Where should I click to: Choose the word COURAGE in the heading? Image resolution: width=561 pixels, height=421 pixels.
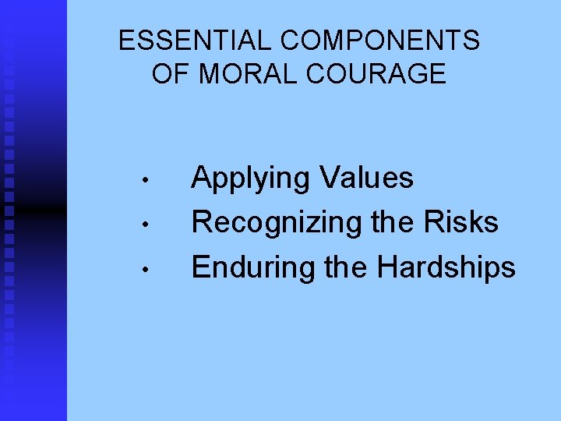(373, 74)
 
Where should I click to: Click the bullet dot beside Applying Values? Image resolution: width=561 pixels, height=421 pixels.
(145, 183)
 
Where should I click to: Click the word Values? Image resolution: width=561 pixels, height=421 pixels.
(367, 178)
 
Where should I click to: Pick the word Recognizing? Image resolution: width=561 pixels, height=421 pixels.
(277, 224)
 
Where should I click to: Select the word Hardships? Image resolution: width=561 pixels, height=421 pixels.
(446, 268)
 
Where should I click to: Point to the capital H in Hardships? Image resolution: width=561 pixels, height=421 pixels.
(387, 267)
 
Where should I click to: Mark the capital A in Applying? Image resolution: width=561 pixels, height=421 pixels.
(203, 178)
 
